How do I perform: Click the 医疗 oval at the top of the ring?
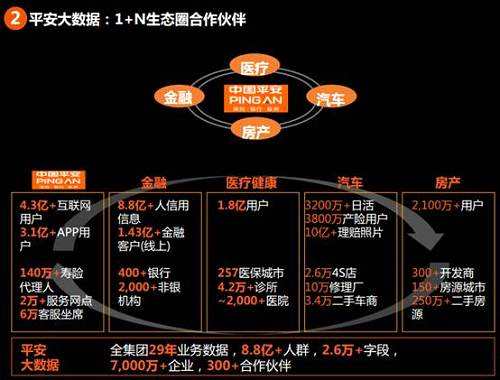coord(250,67)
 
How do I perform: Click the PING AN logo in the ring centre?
coord(250,98)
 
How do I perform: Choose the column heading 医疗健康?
coord(252,183)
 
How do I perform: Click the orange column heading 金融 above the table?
coord(154,183)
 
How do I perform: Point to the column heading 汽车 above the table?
coord(350,183)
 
